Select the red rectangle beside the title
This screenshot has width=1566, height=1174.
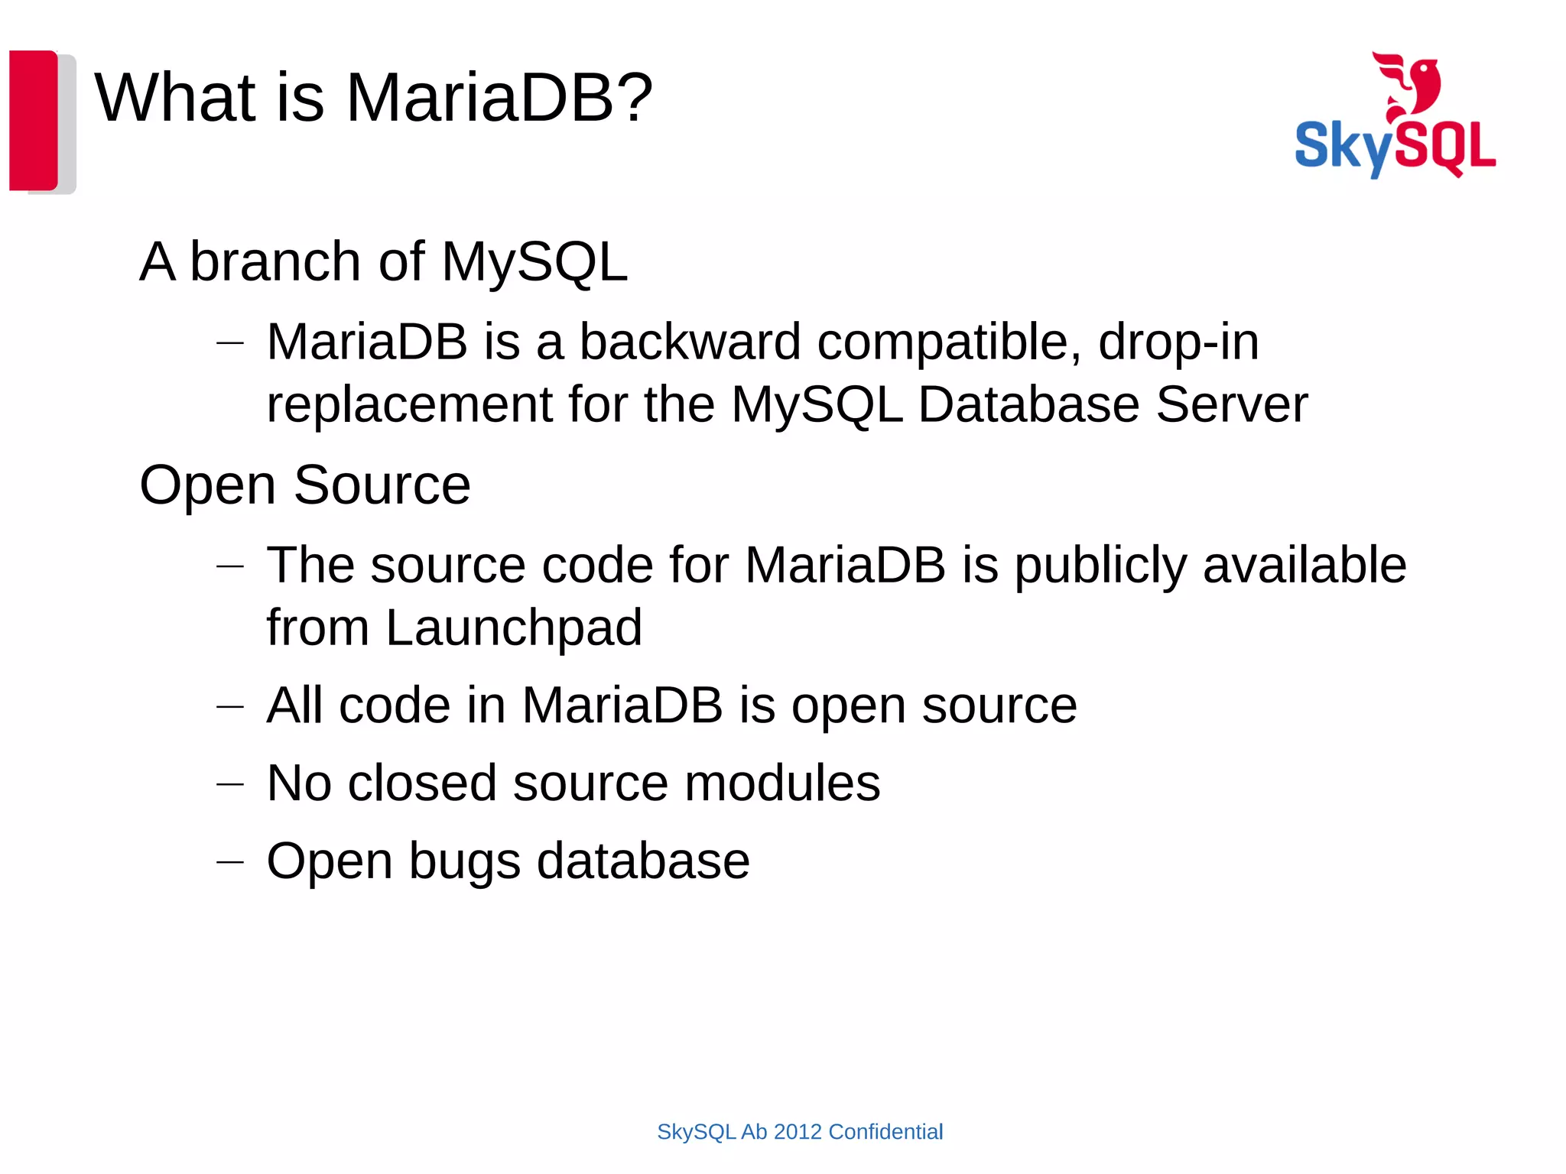click(x=33, y=120)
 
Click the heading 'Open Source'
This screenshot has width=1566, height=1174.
click(x=304, y=485)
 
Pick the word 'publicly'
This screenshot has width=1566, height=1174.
click(x=1100, y=566)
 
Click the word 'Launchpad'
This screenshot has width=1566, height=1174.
click(x=514, y=628)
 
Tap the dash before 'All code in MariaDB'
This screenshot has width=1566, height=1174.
click(x=229, y=707)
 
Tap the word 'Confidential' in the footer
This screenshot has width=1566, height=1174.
click(x=885, y=1132)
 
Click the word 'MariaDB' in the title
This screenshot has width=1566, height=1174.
click(x=480, y=98)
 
